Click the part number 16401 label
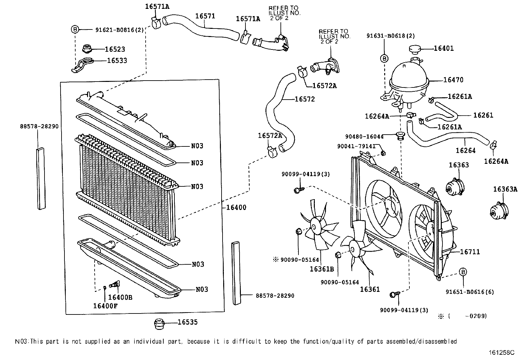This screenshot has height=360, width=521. tap(443, 48)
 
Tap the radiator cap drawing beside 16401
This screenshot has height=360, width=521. tap(415, 50)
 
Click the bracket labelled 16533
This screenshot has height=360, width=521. tap(82, 64)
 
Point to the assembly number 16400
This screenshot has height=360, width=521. tap(236, 207)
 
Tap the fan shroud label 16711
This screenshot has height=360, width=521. tap(470, 252)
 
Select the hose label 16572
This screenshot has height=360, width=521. tap(304, 99)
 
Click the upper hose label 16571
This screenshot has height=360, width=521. tap(205, 16)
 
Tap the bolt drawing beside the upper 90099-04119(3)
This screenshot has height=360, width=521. tap(299, 189)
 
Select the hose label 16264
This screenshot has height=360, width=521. tap(465, 150)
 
